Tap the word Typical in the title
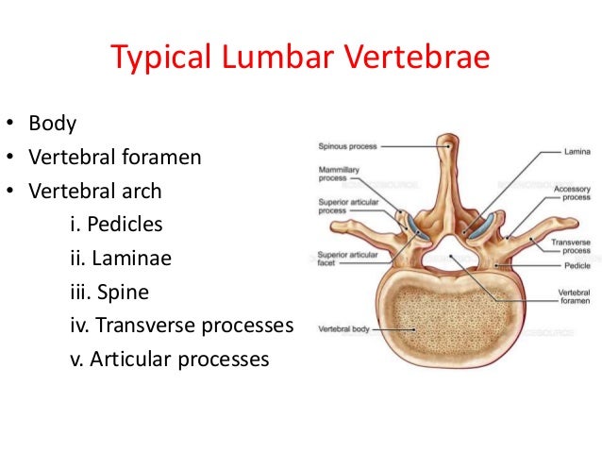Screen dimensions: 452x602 tap(161, 59)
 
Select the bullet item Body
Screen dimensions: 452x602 tap(52, 123)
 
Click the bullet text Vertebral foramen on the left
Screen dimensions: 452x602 tap(115, 157)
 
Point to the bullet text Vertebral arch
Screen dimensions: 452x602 tap(94, 191)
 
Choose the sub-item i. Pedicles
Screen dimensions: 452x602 tap(116, 225)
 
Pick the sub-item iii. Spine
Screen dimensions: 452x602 tap(109, 293)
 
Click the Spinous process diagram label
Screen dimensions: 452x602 tap(348, 146)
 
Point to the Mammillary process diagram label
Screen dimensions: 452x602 tap(336, 174)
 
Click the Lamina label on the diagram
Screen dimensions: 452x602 tap(577, 151)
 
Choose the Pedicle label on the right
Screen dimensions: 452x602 tap(575, 265)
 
